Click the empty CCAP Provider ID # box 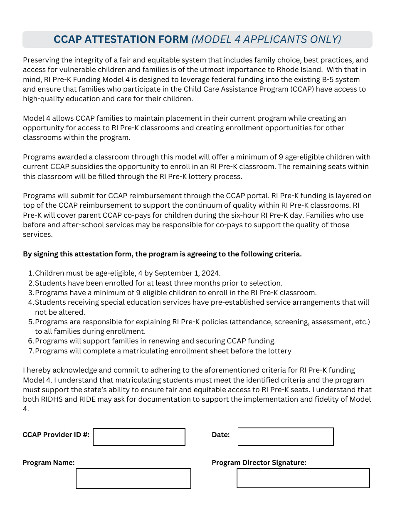point(139,437)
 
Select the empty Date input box point(286,437)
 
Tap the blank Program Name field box point(133,478)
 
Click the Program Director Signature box point(303,478)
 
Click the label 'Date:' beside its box point(220,435)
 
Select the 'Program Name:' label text point(49,462)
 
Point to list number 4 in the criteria point(31,302)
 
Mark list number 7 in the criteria point(31,351)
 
